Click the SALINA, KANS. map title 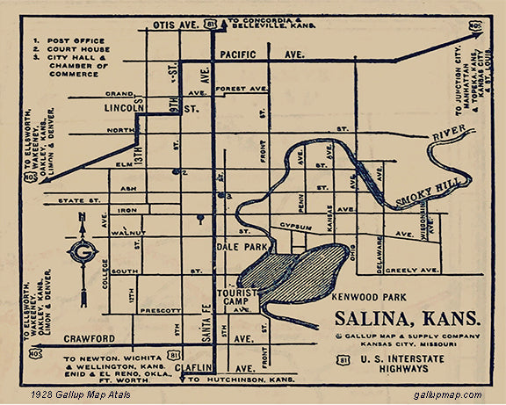[407, 317]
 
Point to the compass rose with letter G [84, 253]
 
